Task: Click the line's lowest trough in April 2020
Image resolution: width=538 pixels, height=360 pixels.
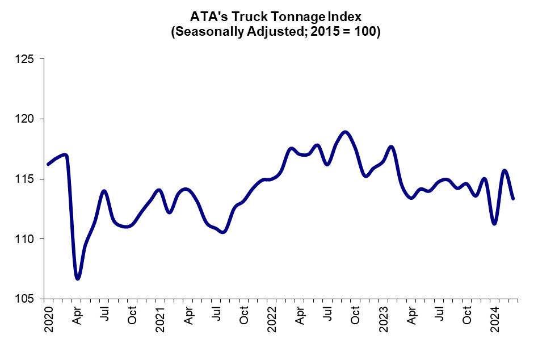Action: click(78, 278)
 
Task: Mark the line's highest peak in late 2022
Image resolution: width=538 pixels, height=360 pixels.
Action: click(345, 132)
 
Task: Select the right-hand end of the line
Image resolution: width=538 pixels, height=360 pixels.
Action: click(513, 199)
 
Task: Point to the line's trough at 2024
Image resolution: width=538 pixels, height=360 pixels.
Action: click(495, 224)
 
